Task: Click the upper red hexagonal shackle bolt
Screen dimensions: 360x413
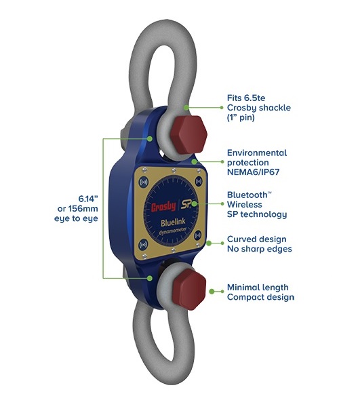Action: (x=188, y=135)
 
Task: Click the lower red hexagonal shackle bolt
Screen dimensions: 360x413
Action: (x=189, y=290)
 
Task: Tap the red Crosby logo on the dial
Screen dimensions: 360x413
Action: (x=163, y=207)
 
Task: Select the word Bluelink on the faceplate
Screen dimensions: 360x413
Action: (x=173, y=223)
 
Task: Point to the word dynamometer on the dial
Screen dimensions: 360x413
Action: (x=173, y=232)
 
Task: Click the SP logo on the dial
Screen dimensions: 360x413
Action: (x=186, y=204)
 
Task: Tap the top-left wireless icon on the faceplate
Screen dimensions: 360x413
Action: (x=144, y=182)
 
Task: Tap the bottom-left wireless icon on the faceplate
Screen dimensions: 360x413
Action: (x=143, y=245)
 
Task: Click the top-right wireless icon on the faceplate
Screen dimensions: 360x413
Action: (x=199, y=181)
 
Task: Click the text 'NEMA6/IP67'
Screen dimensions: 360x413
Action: (x=253, y=172)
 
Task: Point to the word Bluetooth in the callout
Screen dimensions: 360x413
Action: (x=247, y=195)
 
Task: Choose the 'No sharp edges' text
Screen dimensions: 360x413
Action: (x=260, y=249)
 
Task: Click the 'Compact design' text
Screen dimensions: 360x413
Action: (x=260, y=297)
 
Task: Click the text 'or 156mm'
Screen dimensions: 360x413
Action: (x=78, y=209)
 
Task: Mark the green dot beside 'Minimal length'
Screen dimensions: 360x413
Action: (x=212, y=292)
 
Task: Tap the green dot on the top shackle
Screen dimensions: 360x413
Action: (x=186, y=107)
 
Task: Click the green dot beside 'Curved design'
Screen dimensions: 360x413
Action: (x=209, y=243)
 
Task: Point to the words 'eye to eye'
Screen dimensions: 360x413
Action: (x=76, y=218)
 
